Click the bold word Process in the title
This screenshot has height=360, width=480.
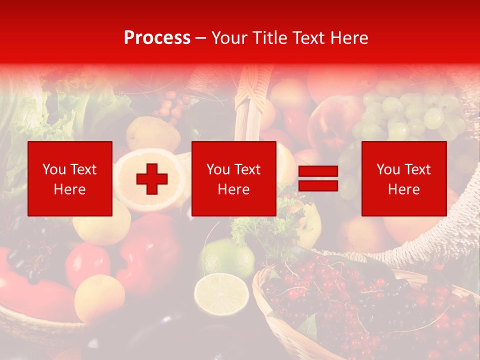pyautogui.click(x=157, y=38)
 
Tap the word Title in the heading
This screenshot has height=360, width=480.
pyautogui.click(x=268, y=38)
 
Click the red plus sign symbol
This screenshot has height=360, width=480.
pyautogui.click(x=152, y=179)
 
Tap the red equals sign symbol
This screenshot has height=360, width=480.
pyautogui.click(x=318, y=178)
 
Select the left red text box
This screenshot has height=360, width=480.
pyautogui.click(x=70, y=178)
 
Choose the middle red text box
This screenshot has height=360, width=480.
pyautogui.click(x=233, y=178)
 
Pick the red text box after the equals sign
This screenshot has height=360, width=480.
pyautogui.click(x=403, y=178)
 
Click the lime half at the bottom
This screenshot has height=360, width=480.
pyautogui.click(x=221, y=294)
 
